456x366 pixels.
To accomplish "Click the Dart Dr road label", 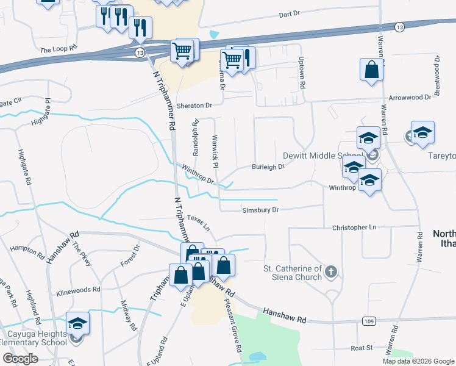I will tap(290, 13).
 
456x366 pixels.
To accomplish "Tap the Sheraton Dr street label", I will tap(194, 106).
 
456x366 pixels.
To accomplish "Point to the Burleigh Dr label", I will tap(268, 166).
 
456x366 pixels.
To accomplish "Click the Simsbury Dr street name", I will tap(260, 209).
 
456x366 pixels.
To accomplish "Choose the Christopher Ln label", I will tap(354, 227).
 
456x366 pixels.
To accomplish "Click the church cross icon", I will tap(330, 271).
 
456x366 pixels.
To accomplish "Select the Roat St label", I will tap(361, 348).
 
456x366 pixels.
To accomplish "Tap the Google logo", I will tap(20, 358).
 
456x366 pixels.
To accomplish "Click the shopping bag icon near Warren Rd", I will tap(371, 70).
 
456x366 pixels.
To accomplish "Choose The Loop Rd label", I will tap(59, 48).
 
